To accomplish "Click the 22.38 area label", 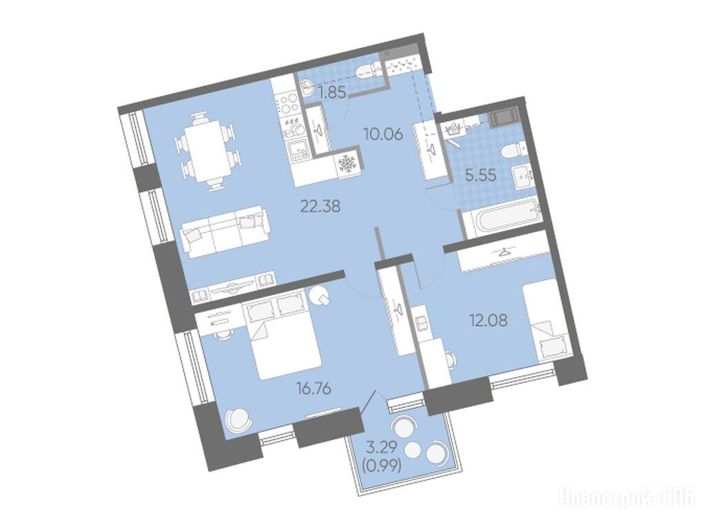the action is tap(320, 207).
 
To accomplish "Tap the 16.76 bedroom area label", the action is tap(314, 387).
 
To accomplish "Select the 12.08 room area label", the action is tap(489, 320).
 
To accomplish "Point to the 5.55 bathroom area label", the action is tap(480, 175).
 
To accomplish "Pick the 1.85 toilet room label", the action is tap(331, 93).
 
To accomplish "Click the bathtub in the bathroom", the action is tap(502, 217).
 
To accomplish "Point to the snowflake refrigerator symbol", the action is tap(347, 164).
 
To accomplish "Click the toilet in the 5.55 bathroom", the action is tap(513, 150).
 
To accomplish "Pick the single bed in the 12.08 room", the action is tap(548, 322).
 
